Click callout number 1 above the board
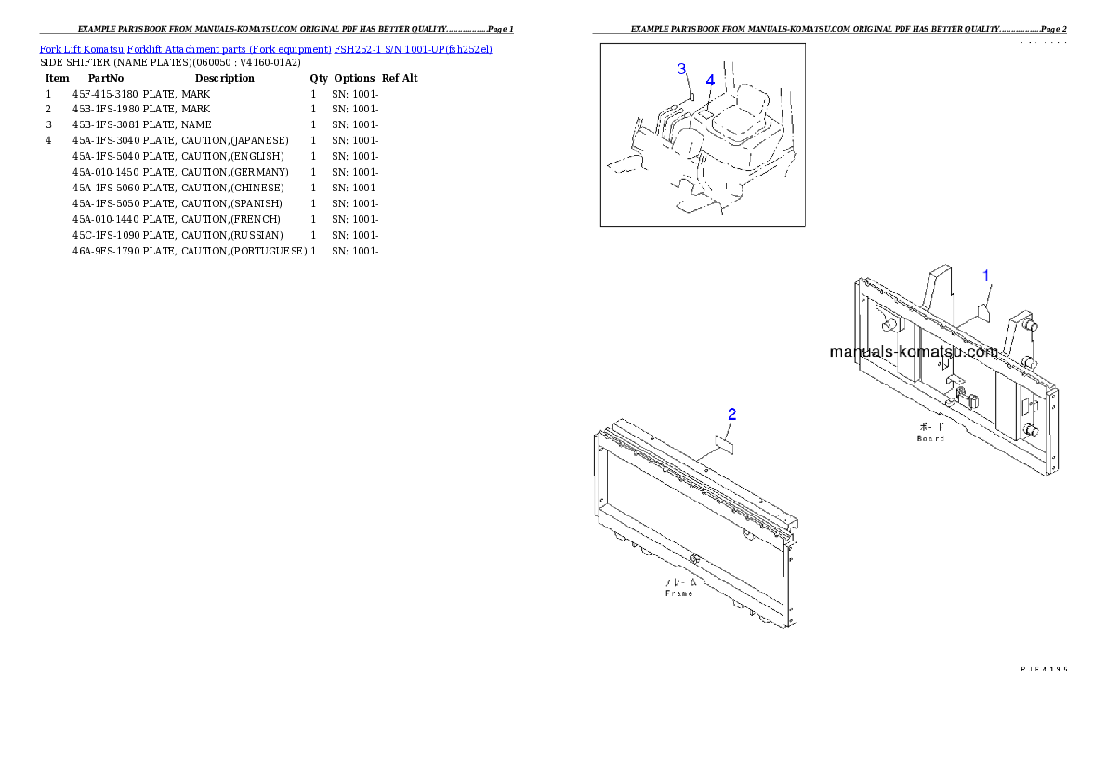987,276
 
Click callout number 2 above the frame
732,414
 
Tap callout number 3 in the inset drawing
681,70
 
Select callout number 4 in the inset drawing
710,81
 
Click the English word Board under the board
930,437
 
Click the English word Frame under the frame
678,593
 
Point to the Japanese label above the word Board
930,427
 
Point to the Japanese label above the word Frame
678,582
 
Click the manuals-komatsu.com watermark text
913,353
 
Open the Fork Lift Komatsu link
74,48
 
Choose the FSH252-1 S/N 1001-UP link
413,48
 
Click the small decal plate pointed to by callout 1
983,313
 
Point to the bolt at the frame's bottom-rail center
693,559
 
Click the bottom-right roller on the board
1032,430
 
